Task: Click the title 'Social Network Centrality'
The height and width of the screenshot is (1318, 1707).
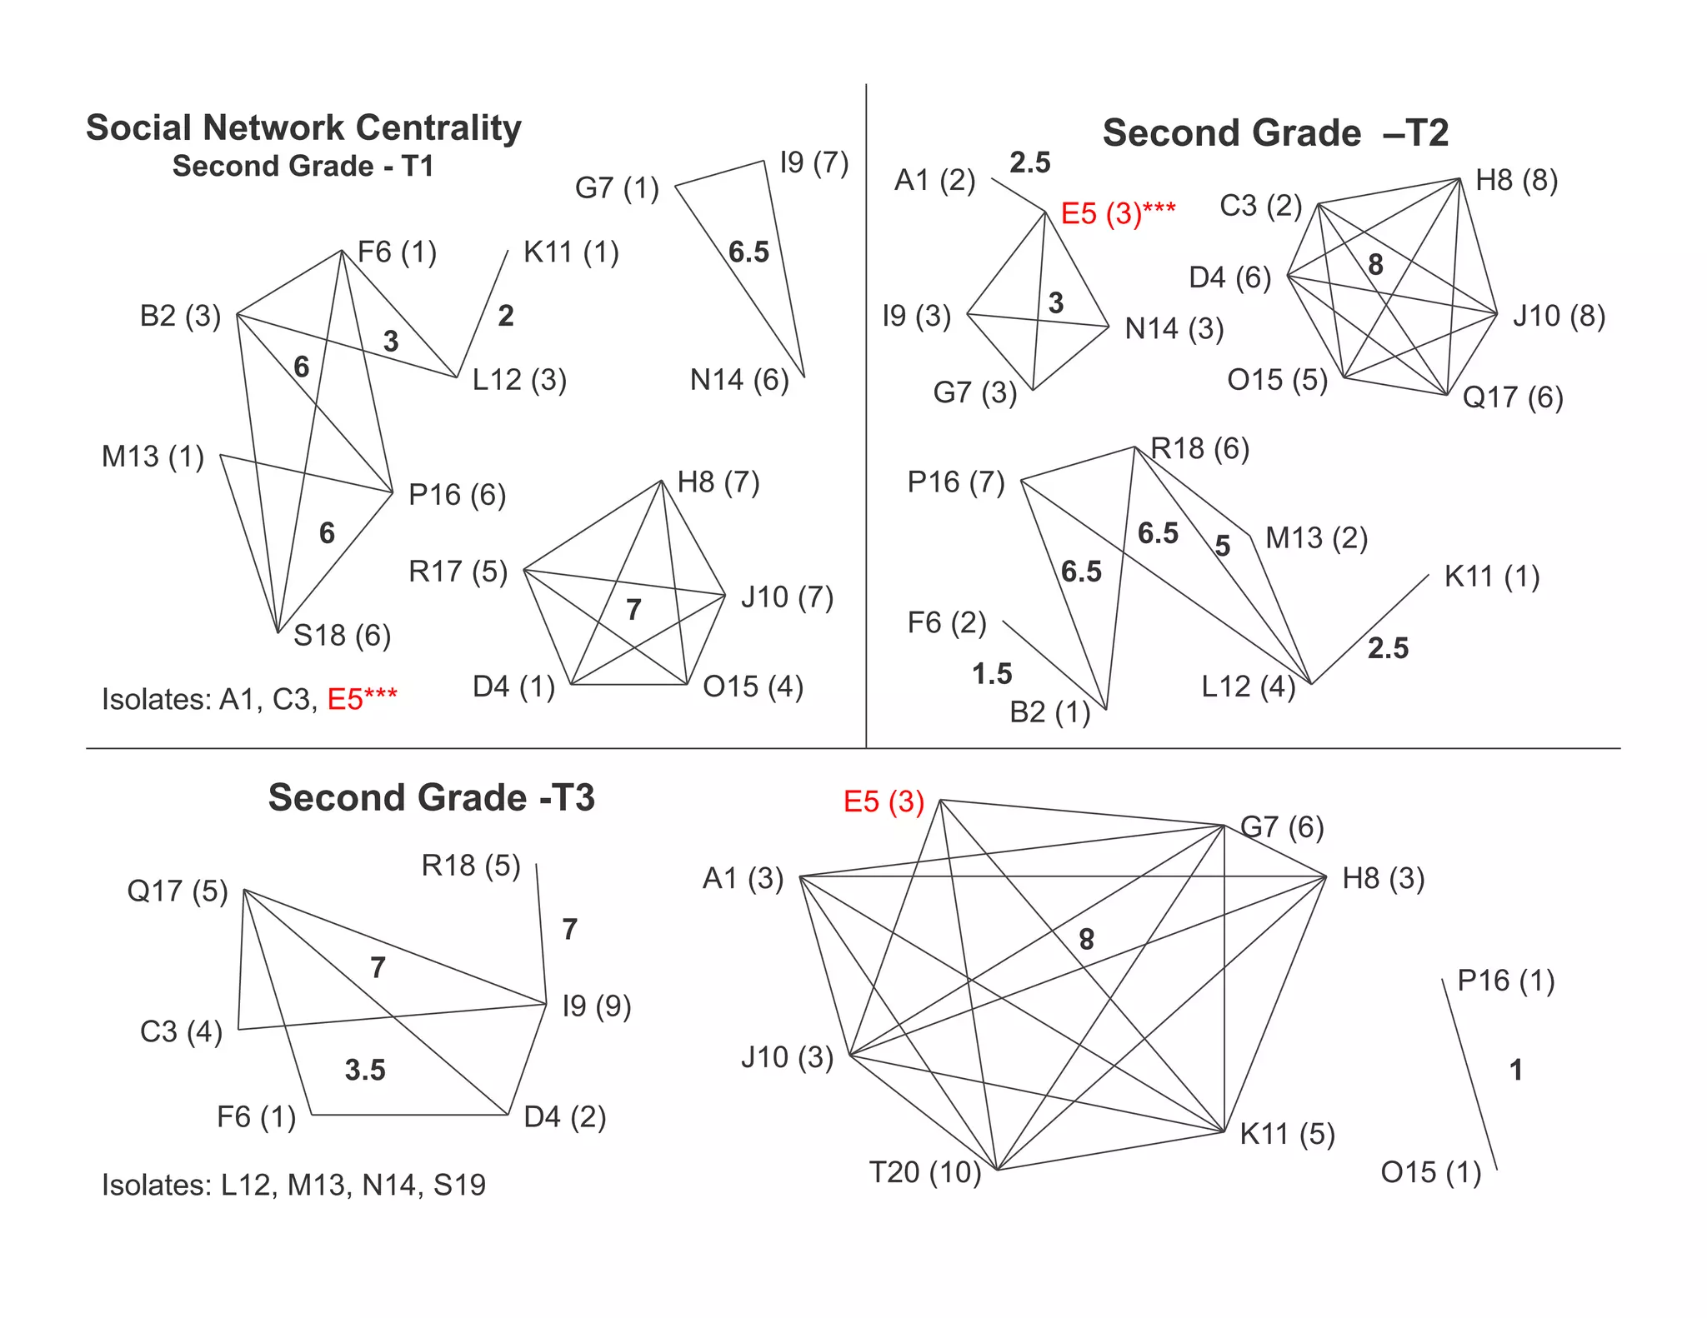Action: tap(303, 128)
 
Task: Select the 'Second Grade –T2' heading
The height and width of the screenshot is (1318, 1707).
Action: tap(1274, 133)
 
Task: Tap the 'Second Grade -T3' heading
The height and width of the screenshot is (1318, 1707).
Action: tap(431, 798)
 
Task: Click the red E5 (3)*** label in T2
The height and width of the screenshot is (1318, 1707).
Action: tap(1117, 214)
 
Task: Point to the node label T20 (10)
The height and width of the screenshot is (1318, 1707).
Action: tap(925, 1172)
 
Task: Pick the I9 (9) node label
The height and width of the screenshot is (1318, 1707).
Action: tap(597, 1006)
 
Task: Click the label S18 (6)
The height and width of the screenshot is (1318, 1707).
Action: tap(342, 636)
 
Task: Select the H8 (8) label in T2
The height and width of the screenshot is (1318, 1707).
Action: tap(1516, 181)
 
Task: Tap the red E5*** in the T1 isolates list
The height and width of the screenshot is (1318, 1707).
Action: tap(362, 699)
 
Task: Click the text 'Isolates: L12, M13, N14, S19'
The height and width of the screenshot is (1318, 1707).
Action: tap(293, 1185)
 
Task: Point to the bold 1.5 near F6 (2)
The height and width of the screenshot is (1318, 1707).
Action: tap(991, 674)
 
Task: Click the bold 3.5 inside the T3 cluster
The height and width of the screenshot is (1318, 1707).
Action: tap(365, 1070)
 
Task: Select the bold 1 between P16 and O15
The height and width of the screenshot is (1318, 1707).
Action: tap(1516, 1070)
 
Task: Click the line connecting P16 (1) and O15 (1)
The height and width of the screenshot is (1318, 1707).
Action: tap(1469, 1075)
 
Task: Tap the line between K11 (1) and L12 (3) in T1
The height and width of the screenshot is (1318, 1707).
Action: tap(483, 313)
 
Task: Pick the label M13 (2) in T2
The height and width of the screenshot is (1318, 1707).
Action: tap(1316, 538)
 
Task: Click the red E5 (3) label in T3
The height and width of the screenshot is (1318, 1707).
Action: tap(884, 801)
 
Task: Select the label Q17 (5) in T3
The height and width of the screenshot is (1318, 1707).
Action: tap(177, 891)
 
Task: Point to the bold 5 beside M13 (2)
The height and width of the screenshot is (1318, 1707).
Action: tap(1222, 547)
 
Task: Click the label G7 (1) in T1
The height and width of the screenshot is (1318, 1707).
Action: tap(617, 188)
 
